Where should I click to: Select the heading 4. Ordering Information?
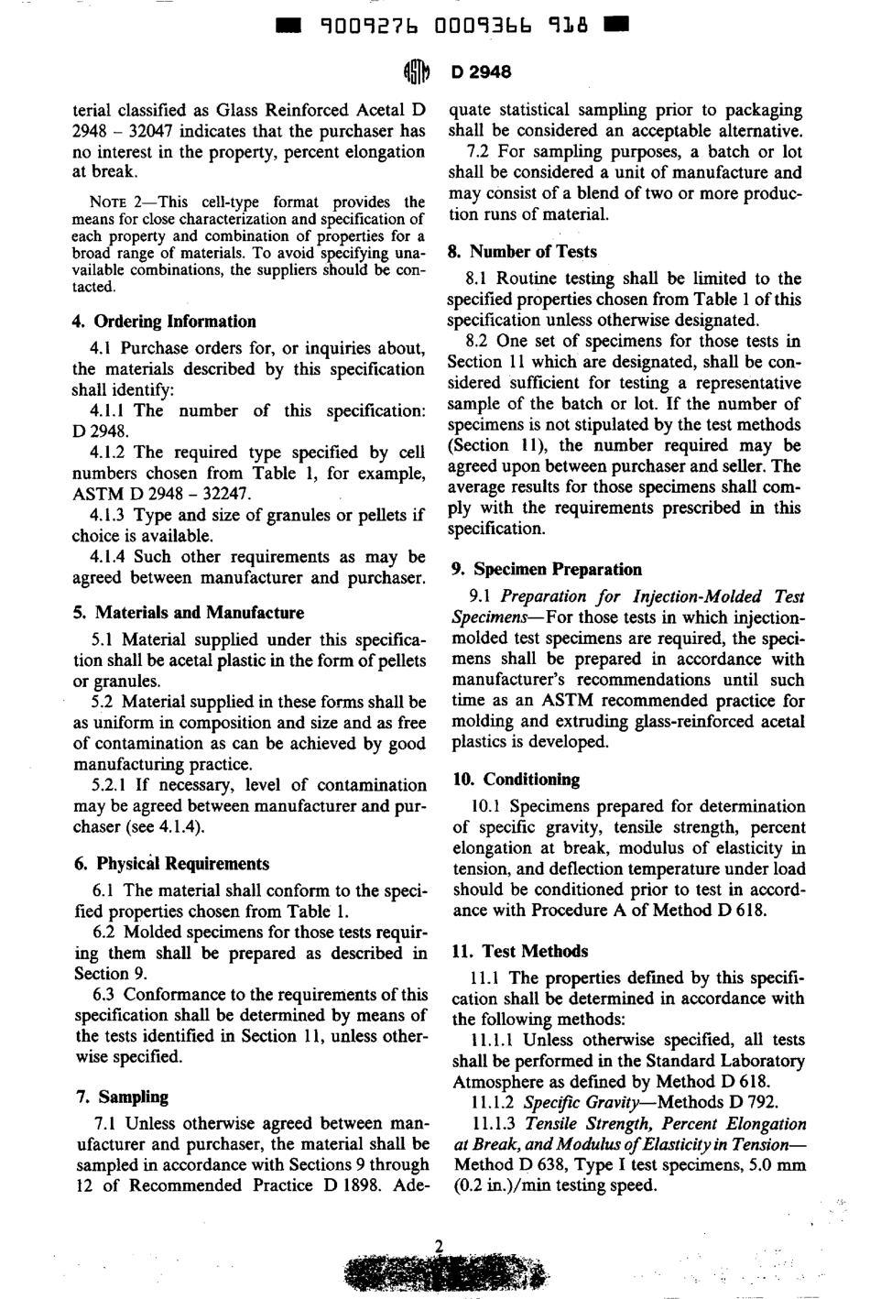coord(164,322)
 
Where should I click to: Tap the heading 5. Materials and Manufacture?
coord(188,613)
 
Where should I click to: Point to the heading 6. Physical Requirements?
coord(170,864)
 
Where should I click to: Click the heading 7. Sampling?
coord(121,1097)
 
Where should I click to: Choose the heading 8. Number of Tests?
coord(522,252)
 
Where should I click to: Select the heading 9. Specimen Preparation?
coord(547,570)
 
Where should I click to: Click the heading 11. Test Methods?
coord(521,952)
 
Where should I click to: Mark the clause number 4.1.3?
coord(109,516)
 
